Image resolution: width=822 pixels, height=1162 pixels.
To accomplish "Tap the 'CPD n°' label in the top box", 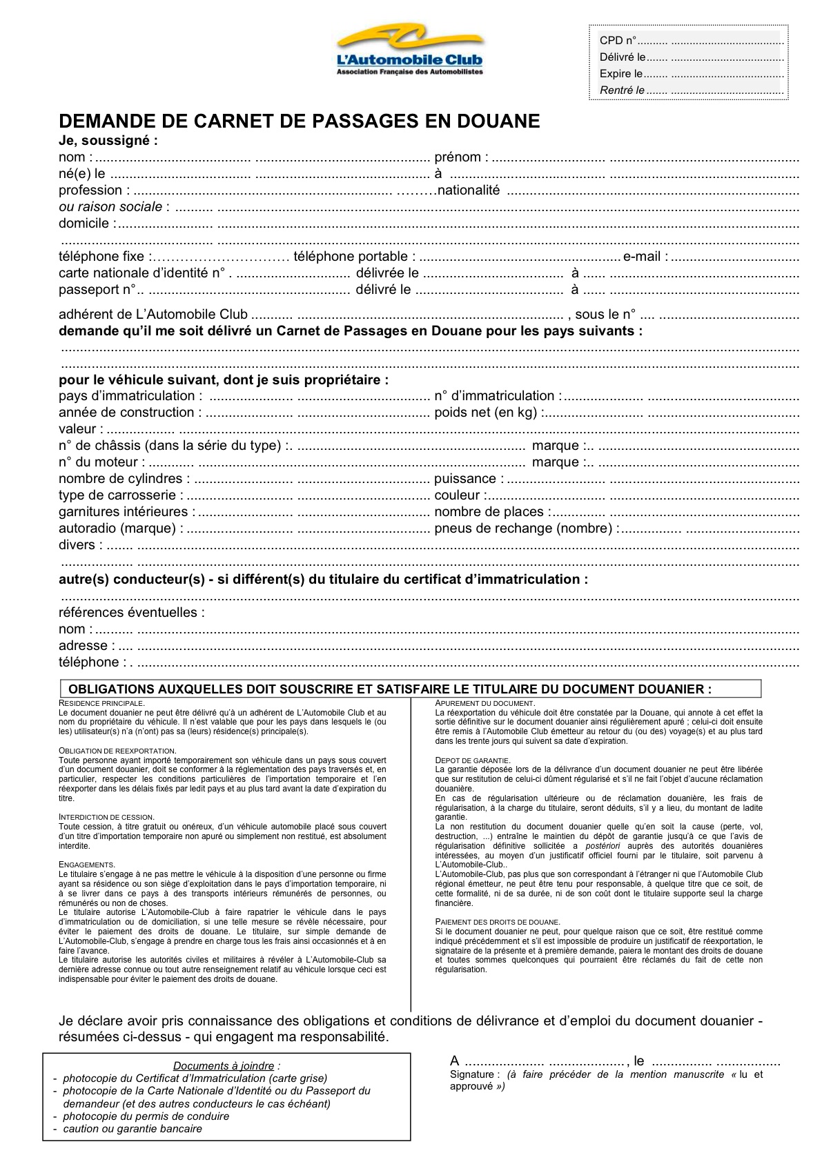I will click(x=618, y=41).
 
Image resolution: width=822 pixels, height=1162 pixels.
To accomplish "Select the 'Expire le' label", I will click(x=620, y=74).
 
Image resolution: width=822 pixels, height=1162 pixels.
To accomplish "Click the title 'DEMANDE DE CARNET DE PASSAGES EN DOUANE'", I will click(x=299, y=121).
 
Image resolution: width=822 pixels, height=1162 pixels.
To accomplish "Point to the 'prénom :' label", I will click(x=461, y=157).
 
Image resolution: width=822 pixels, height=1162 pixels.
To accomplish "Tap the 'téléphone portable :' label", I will click(x=354, y=257).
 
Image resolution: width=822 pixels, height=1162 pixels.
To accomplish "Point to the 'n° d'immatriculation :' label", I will click(x=498, y=396).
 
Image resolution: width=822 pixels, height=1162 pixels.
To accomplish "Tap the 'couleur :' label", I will click(x=460, y=495).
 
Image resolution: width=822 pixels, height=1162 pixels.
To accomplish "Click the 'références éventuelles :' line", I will click(x=131, y=613).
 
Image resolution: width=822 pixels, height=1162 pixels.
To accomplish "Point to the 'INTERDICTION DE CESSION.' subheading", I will click(x=106, y=817).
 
